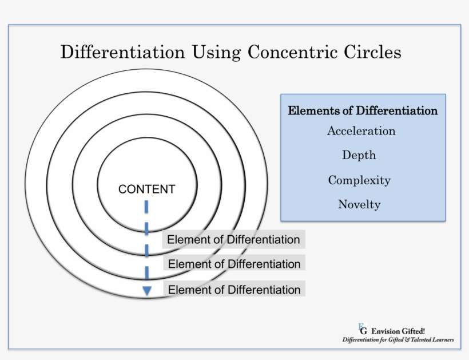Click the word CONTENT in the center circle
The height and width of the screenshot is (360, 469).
pos(146,189)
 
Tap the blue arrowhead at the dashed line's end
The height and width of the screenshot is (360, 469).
pos(147,291)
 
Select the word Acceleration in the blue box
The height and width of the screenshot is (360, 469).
pos(361,131)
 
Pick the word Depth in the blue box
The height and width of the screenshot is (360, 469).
pos(359,155)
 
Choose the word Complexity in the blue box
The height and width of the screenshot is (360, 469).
pos(359,180)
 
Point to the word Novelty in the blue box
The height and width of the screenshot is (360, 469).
pos(359,204)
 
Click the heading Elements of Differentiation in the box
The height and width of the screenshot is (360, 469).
pos(363,110)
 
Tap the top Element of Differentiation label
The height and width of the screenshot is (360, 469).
pos(233,240)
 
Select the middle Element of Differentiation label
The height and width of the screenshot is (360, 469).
pos(234,264)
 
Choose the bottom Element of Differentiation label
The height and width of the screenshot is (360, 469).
pos(234,290)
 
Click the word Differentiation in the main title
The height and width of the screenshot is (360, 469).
pos(123,52)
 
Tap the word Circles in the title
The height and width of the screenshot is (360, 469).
pos(372,52)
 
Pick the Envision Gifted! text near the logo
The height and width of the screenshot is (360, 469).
pos(398,331)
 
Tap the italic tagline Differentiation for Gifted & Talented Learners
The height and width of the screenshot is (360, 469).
pos(398,340)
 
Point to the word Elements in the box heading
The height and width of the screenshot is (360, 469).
pos(309,110)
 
